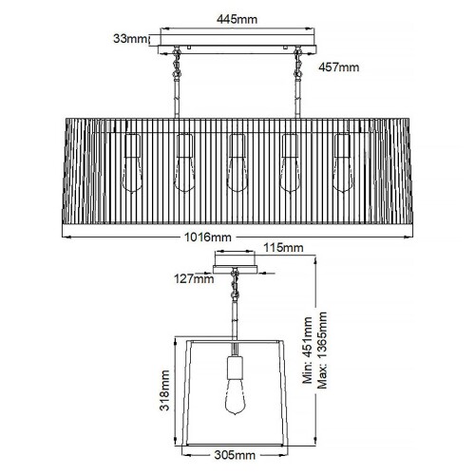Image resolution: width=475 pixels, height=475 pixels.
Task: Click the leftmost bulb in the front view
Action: (x=133, y=163)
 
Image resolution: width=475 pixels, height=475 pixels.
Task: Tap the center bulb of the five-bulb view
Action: (x=237, y=163)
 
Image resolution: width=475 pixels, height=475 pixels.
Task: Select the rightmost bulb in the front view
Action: (x=343, y=163)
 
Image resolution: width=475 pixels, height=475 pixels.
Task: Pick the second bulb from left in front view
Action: (x=185, y=163)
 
